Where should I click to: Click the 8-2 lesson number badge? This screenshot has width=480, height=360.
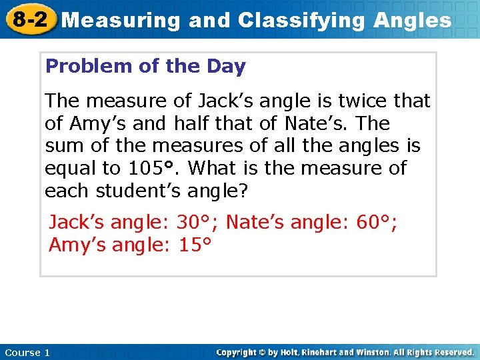(29, 19)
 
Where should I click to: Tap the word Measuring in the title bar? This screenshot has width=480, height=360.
(121, 21)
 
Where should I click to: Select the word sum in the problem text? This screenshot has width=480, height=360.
(63, 146)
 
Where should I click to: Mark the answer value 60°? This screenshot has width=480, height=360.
(376, 222)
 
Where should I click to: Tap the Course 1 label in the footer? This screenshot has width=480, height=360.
(27, 352)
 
